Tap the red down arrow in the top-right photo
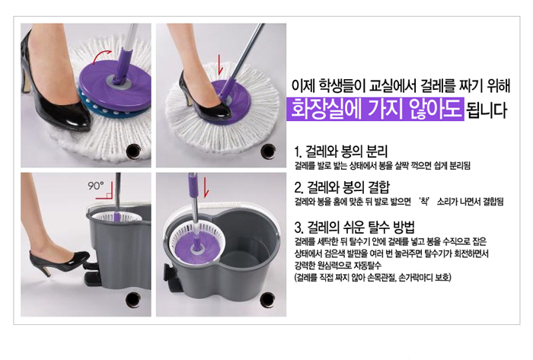[x=220, y=65]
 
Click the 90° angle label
[x=96, y=186]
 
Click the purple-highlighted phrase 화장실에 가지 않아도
[x=375, y=109]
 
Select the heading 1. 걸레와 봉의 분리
[x=340, y=151]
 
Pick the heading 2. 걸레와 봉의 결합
[x=342, y=186]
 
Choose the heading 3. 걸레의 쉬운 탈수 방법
[x=355, y=227]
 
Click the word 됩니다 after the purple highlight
[x=487, y=110]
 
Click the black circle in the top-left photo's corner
[x=133, y=151]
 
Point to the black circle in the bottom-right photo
[x=267, y=300]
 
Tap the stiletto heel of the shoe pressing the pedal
[x=44, y=270]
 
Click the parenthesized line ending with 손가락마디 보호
[x=372, y=277]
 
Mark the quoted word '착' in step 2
[x=424, y=202]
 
